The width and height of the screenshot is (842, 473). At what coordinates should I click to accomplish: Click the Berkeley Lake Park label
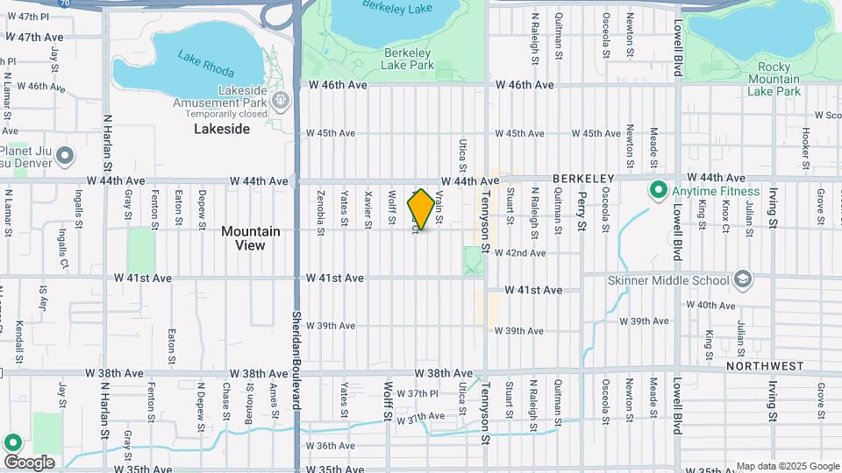point(409,59)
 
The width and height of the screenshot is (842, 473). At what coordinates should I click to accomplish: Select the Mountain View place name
point(251,238)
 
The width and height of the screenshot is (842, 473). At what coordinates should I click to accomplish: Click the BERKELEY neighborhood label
point(582,179)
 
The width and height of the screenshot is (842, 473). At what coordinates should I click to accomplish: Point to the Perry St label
point(582,214)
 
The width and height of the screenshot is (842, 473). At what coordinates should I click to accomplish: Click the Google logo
point(29,462)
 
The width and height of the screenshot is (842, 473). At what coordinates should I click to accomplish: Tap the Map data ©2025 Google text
point(788,466)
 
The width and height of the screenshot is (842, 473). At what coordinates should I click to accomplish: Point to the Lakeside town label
point(222,129)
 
